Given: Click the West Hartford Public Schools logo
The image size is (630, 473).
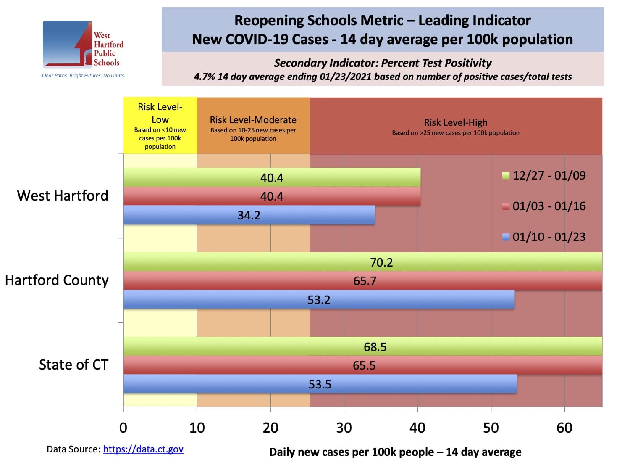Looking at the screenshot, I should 83,45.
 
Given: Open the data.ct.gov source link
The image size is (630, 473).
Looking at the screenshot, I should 143,449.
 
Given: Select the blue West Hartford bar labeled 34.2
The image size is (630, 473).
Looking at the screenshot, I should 249,215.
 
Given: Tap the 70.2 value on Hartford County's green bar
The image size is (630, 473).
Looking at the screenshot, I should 381,262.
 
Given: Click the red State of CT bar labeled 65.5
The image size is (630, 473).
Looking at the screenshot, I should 364,365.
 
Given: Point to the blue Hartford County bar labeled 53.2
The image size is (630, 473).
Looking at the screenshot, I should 319,300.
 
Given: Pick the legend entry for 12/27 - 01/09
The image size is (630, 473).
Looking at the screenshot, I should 544,175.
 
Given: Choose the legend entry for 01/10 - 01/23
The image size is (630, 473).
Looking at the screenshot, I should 544,237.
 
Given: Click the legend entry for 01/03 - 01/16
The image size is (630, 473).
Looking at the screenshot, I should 544,206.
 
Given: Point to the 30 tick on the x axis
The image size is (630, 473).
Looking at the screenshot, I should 344,428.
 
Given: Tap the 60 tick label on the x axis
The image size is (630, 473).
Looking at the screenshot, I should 564,428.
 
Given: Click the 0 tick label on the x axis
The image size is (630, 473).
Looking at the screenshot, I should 123,428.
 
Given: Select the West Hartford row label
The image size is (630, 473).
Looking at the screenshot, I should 63,196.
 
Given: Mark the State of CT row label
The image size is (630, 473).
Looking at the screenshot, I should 73,365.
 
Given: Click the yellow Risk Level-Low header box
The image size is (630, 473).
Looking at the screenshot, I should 160,126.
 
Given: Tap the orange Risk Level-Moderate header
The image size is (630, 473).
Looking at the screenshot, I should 253,126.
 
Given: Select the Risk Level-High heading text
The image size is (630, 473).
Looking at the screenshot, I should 456,122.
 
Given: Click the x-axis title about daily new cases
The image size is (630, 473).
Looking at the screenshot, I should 395,452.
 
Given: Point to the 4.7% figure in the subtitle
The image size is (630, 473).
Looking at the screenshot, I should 204,77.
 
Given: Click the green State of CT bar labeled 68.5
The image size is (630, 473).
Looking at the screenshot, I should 375,347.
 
